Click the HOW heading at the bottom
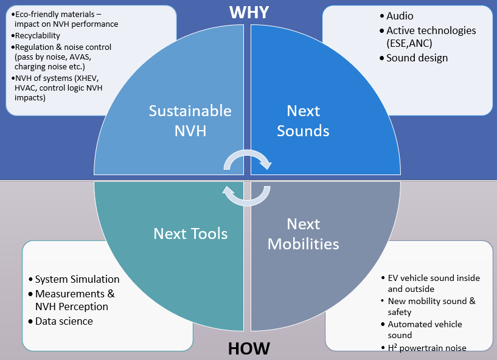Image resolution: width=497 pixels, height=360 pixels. [x=248, y=349]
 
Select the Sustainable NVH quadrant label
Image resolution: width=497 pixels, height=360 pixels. [x=190, y=120]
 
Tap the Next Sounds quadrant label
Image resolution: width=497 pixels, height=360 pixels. [x=303, y=120]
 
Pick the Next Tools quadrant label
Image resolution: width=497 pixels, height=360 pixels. [x=190, y=234]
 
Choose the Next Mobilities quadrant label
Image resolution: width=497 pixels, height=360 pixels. [x=303, y=234]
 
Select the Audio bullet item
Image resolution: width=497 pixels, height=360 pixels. [x=400, y=16]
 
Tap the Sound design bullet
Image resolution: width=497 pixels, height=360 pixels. [x=417, y=58]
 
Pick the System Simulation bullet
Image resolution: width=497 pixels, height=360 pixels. [x=77, y=279]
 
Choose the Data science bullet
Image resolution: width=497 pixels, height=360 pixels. [x=64, y=321]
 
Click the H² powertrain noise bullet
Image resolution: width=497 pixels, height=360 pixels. [x=427, y=348]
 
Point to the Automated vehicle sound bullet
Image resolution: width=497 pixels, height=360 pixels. [x=425, y=330]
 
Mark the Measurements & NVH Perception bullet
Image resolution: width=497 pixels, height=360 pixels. [x=74, y=300]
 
